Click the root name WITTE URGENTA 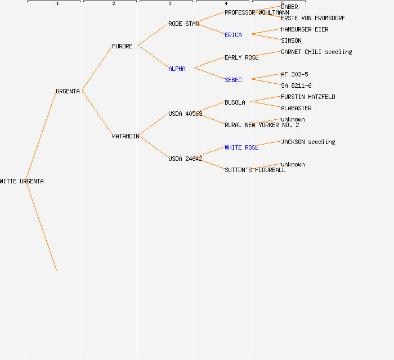pyautogui.click(x=22, y=181)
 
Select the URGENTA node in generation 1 pyautogui.click(x=68, y=91)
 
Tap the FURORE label pyautogui.click(x=122, y=46)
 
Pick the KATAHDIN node pyautogui.click(x=126, y=136)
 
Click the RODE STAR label pyautogui.click(x=183, y=24)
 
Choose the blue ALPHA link pyautogui.click(x=177, y=69)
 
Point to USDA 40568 pyautogui.click(x=185, y=114)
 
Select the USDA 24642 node pyautogui.click(x=185, y=159)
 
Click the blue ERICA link pyautogui.click(x=233, y=35)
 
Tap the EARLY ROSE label pyautogui.click(x=241, y=57)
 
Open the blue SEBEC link pyautogui.click(x=233, y=80)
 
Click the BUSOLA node pyautogui.click(x=235, y=102)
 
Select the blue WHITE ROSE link pyautogui.click(x=241, y=147)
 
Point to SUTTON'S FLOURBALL pyautogui.click(x=255, y=170)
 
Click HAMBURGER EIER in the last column pyautogui.click(x=305, y=29)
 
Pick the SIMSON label pyautogui.click(x=291, y=40)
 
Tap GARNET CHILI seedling pyautogui.click(x=316, y=52)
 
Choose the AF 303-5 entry pyautogui.click(x=294, y=74)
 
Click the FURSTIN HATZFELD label pyautogui.click(x=308, y=97)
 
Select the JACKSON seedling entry pyautogui.click(x=308, y=142)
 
